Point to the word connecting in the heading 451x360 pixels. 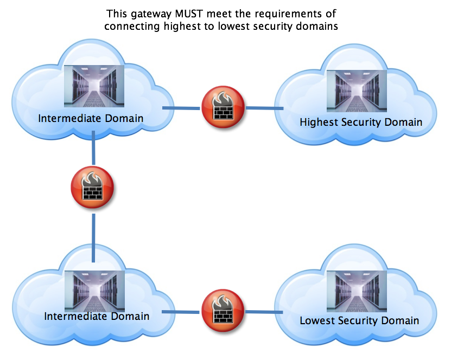point(130,26)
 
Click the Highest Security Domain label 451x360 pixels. point(361,122)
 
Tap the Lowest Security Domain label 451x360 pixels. point(359,320)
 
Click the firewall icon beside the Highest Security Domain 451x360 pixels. point(223,107)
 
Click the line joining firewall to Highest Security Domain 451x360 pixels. point(264,108)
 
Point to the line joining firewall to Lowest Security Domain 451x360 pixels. point(264,312)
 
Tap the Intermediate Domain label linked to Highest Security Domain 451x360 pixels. point(91,118)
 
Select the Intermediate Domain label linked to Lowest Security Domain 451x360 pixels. point(97,316)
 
